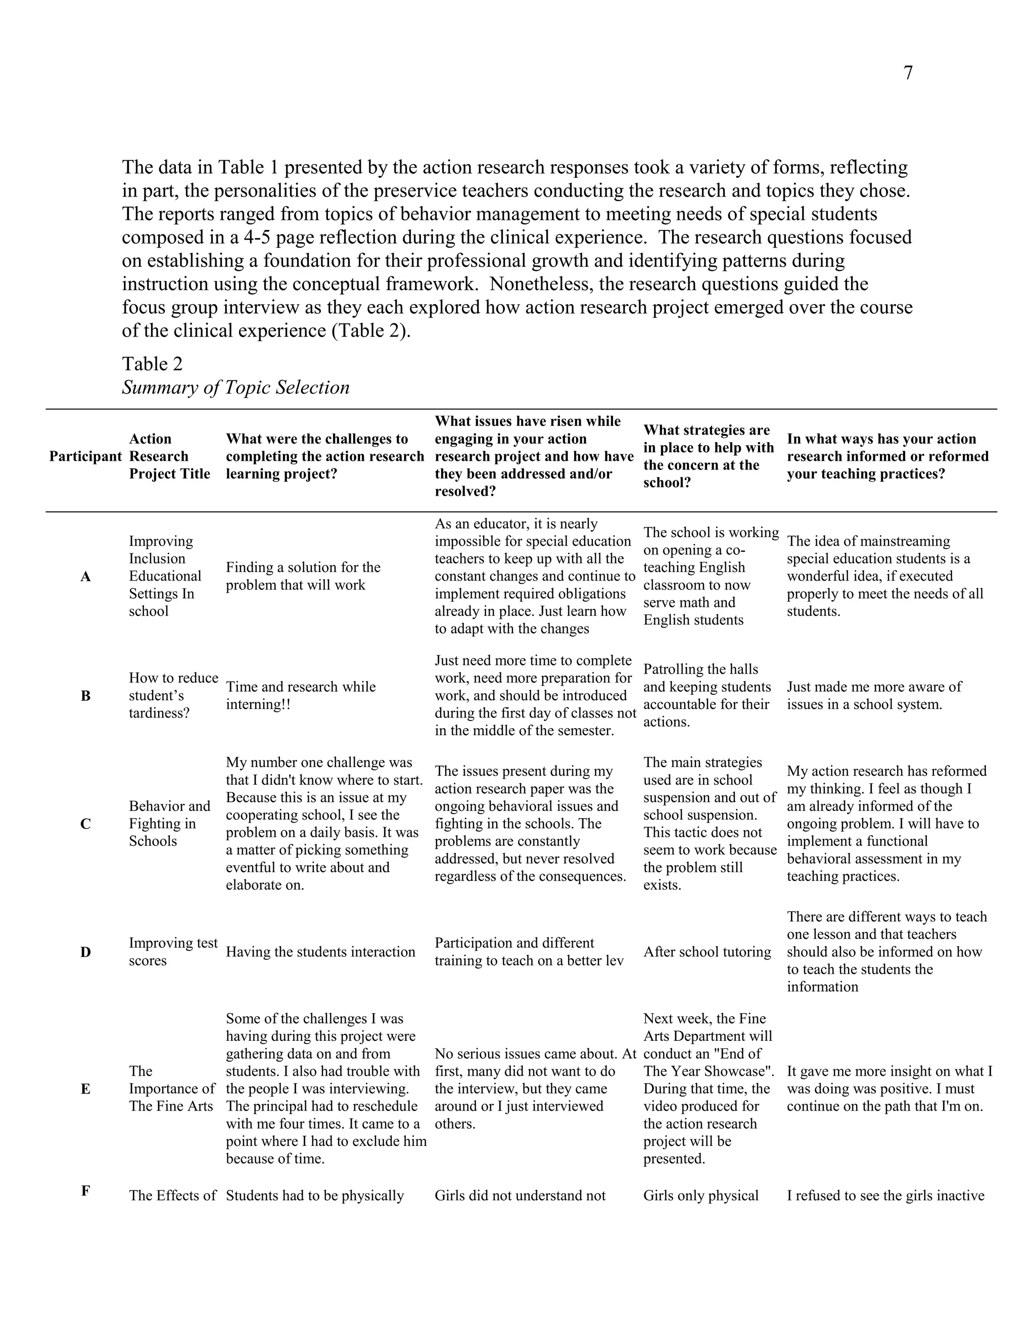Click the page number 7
pos(908,73)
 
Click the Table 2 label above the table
pos(152,364)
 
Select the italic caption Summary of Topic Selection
pos(236,388)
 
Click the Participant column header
pos(85,457)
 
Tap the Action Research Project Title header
pos(169,457)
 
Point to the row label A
pos(85,577)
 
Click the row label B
pos(85,696)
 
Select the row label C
pos(85,824)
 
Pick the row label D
pos(85,952)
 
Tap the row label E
pos(85,1089)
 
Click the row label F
pos(85,1191)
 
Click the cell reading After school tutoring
pos(707,952)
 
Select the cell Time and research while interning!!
pos(301,696)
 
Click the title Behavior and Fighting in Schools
pos(169,824)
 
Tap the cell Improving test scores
pos(173,952)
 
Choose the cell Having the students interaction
pos(320,952)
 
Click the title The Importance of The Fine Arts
pos(171,1089)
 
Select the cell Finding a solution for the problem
pos(303,577)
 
